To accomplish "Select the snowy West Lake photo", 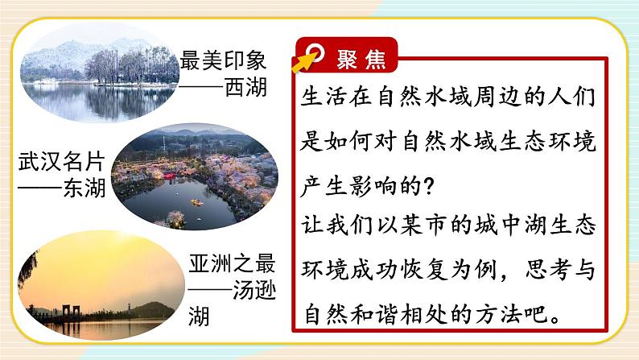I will coord(97,77).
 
